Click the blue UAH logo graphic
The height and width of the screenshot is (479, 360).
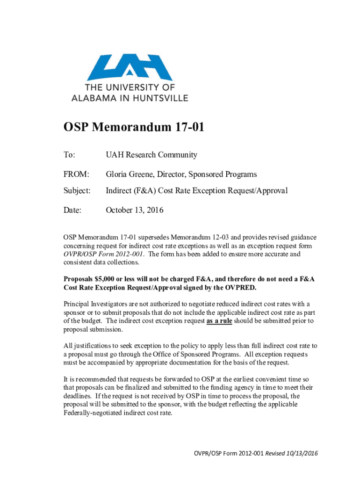pos(130,68)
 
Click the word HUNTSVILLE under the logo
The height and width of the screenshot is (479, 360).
pos(162,98)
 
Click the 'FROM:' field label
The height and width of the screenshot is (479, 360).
pos(76,174)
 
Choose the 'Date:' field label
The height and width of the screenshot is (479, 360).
pos(72,210)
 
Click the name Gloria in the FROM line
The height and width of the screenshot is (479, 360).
pos(118,174)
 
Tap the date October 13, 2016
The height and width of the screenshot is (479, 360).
pos(135,210)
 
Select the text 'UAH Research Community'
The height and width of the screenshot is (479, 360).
pos(151,155)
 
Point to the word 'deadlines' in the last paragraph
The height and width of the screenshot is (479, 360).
pos(78,396)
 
